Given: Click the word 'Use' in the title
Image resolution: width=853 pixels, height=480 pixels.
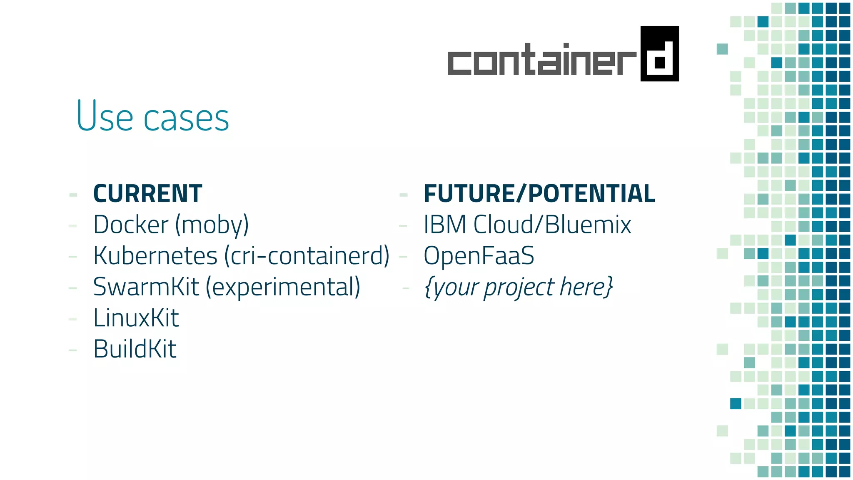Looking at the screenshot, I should [105, 116].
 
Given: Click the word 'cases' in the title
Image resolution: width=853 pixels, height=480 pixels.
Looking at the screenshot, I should [186, 119].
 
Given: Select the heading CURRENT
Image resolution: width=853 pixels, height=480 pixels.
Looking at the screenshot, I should [148, 194].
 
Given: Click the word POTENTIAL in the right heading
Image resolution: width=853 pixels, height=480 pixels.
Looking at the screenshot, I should [591, 194].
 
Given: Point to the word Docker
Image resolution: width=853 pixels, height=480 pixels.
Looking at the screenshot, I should [131, 225].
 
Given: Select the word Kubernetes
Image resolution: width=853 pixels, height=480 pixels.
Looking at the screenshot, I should [155, 256].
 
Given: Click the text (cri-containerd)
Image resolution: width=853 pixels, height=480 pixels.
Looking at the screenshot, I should [307, 256].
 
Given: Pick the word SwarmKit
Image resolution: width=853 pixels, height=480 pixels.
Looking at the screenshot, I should [146, 287].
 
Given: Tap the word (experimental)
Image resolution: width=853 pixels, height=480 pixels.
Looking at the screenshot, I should [283, 287].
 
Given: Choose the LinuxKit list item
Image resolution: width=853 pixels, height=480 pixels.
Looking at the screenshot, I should [136, 318].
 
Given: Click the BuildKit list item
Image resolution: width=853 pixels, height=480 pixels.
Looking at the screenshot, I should [135, 349].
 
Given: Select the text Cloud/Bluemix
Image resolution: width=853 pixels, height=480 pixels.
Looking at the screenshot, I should [552, 225].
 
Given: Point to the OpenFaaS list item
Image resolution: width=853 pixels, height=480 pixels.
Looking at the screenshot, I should [479, 256].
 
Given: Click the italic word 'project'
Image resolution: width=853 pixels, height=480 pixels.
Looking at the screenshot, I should [519, 287].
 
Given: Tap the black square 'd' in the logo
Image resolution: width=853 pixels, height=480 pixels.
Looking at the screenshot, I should [659, 54].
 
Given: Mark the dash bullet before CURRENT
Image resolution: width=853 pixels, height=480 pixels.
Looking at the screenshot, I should [73, 195].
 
